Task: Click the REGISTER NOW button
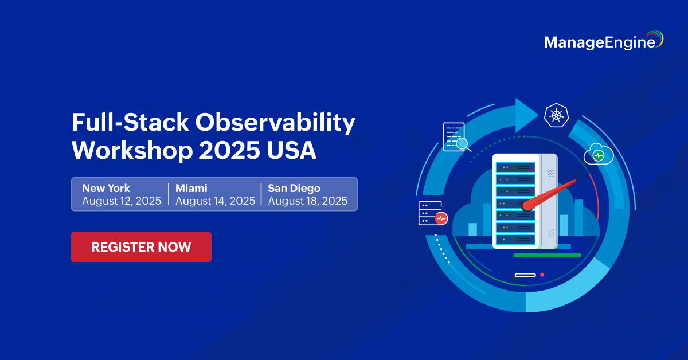(x=141, y=247)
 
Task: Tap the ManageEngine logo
(x=604, y=40)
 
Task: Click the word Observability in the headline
(x=275, y=123)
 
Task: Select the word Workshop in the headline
(x=132, y=150)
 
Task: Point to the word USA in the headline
(x=291, y=150)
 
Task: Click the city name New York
(x=106, y=188)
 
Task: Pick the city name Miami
(x=191, y=188)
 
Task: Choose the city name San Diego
(x=294, y=188)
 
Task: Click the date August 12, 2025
(x=122, y=201)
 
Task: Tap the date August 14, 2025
(x=216, y=201)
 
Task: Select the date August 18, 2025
(x=308, y=201)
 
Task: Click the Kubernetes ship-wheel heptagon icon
(x=556, y=115)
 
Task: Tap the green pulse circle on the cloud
(x=599, y=155)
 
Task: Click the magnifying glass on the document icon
(x=463, y=144)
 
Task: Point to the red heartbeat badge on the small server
(x=441, y=218)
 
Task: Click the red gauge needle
(x=549, y=195)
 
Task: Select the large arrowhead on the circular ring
(x=526, y=115)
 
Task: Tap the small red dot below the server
(x=542, y=275)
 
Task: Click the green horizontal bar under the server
(x=548, y=255)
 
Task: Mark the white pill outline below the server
(x=525, y=275)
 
